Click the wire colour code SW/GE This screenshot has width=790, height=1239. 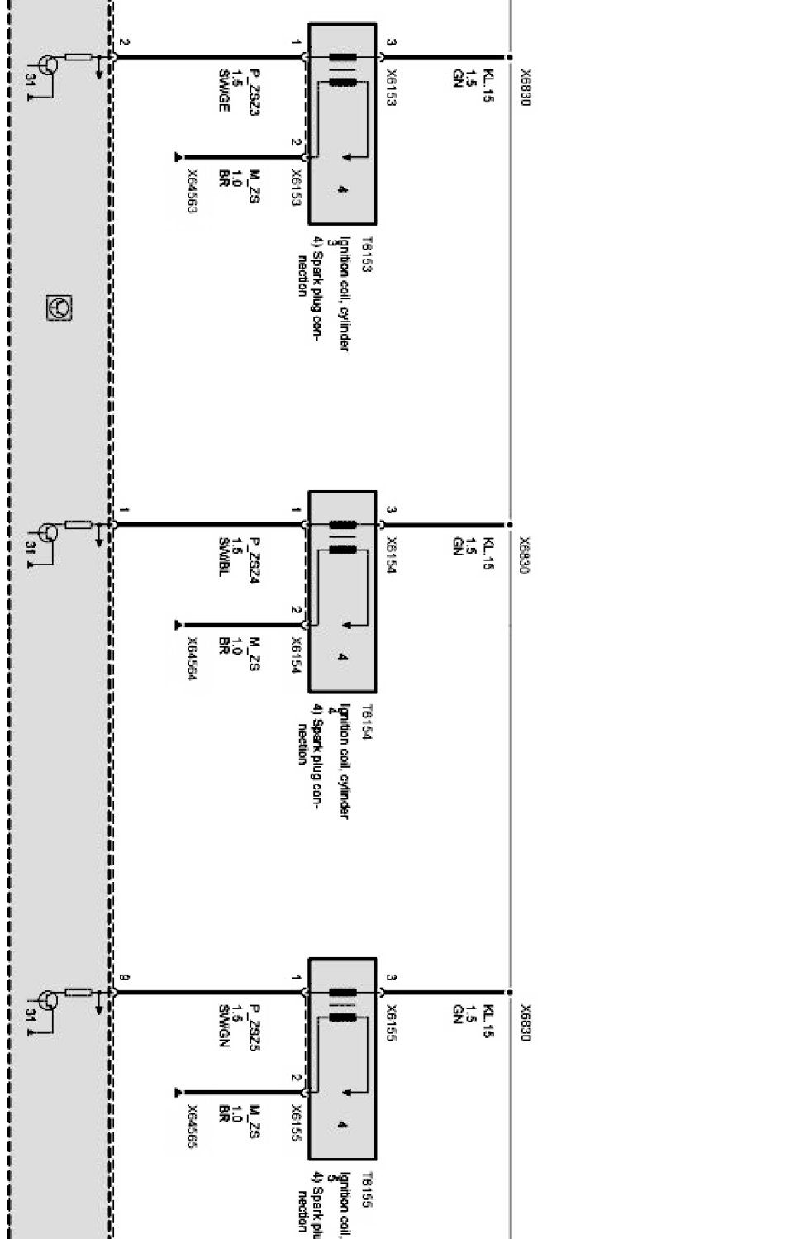223,90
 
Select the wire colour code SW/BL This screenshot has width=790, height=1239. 223,556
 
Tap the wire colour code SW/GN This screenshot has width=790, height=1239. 223,1026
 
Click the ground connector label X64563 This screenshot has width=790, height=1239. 192,192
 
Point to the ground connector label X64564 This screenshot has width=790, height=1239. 192,659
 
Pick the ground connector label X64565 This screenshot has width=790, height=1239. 192,1127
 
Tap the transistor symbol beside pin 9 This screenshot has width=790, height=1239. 48,1002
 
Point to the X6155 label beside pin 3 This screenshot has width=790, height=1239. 392,1022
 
